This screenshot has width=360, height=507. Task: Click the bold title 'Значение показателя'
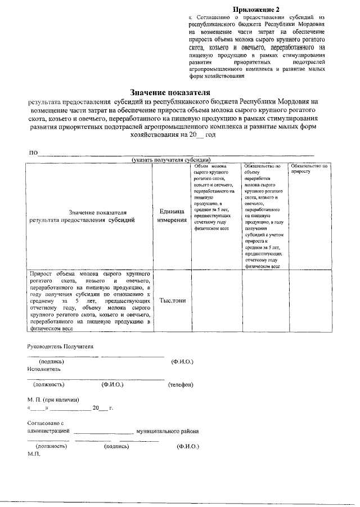point(170,92)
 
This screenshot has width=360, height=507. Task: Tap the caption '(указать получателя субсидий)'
point(171,160)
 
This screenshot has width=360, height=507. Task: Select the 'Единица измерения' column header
point(172,216)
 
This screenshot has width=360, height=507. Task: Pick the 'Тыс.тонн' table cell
point(173,300)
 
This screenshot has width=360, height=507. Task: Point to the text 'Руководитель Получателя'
point(60,347)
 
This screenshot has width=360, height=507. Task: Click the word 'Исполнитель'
point(44,369)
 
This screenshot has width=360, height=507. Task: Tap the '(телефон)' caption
point(181,385)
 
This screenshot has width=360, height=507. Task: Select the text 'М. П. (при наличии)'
point(52,399)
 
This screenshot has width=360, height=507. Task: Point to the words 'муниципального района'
point(167,432)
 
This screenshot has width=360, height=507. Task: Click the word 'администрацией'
point(48,432)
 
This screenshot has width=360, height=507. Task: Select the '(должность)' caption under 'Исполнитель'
point(49,385)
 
